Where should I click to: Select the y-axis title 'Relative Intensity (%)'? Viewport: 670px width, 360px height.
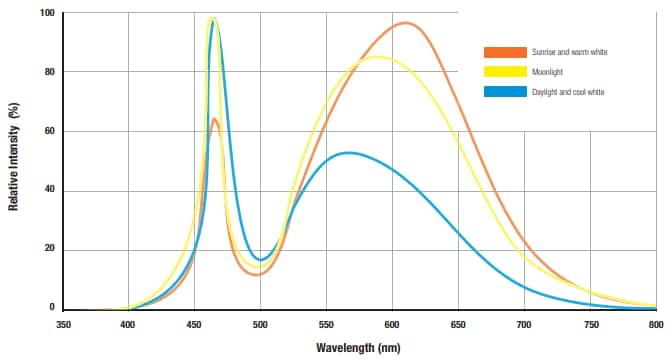pos(13,160)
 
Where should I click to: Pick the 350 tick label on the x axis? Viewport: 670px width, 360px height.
pos(63,324)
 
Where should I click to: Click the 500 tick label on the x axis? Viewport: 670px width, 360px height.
pos(260,324)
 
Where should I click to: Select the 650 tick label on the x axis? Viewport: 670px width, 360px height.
pos(458,324)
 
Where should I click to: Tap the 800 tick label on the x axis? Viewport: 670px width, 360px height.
pos(655,324)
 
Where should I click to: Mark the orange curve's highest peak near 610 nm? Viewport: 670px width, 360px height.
pos(405,23)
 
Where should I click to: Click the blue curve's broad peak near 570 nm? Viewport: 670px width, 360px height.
pos(348,153)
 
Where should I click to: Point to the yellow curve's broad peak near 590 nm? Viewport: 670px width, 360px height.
pos(377,57)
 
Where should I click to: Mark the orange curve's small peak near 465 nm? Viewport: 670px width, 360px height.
pos(215,119)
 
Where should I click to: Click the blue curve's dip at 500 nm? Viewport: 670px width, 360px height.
pos(260,259)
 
